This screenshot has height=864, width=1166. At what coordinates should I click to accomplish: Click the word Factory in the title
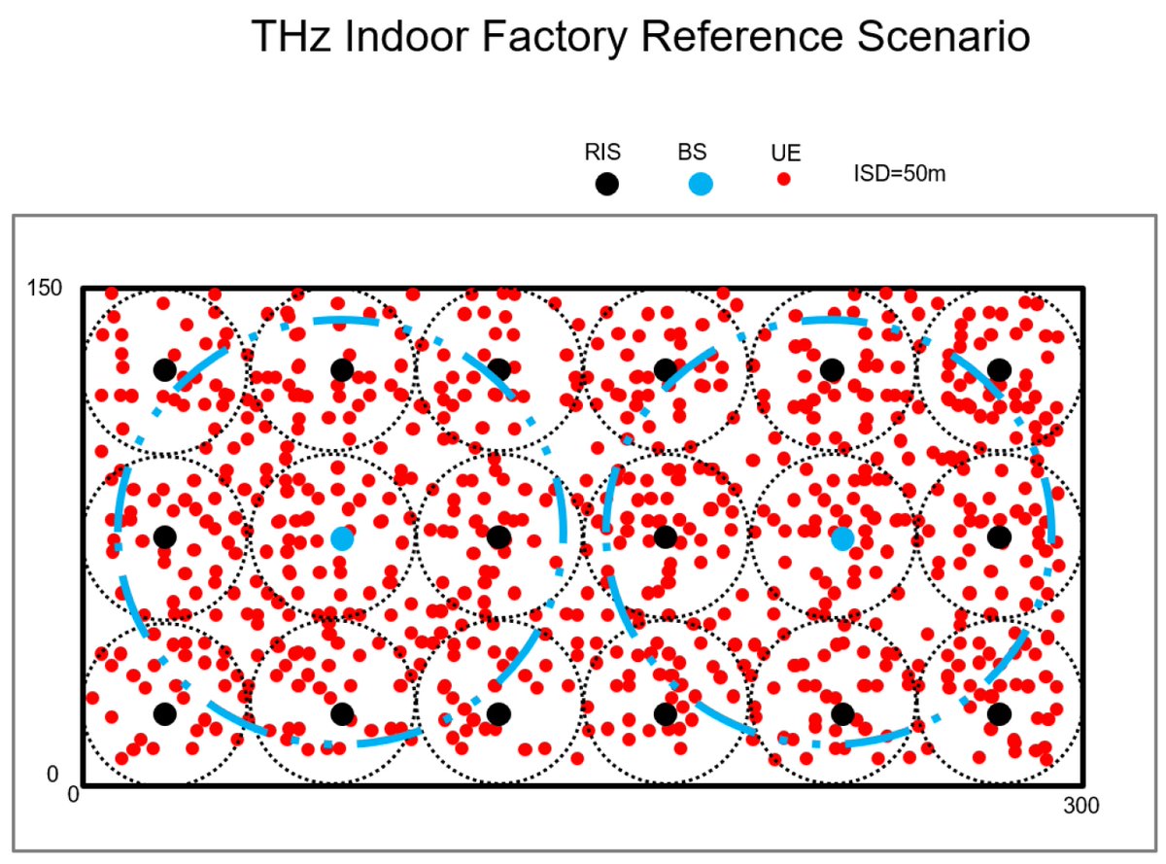[x=535, y=37]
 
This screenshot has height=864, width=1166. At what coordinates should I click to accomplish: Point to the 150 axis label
[x=45, y=289]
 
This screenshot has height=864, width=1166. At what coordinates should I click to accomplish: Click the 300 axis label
[x=1081, y=806]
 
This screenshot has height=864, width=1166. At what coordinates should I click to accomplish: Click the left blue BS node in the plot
[x=341, y=538]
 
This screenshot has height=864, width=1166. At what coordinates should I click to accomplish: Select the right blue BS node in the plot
[x=842, y=538]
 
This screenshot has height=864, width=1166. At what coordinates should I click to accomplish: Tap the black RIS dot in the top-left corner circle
[x=164, y=369]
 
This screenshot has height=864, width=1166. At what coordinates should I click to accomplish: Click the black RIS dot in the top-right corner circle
[x=999, y=369]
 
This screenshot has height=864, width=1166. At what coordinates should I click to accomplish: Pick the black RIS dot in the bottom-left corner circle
[x=164, y=714]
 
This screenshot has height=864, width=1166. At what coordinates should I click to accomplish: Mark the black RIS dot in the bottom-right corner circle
[x=999, y=714]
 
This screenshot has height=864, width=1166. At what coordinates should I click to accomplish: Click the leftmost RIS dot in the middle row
[x=164, y=536]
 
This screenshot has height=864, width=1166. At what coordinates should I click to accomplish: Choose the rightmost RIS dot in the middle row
[x=999, y=536]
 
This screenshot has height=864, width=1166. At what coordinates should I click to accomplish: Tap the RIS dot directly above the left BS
[x=341, y=369]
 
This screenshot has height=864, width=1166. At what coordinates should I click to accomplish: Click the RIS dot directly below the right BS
[x=842, y=714]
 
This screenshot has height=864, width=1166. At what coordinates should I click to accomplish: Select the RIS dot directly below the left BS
[x=341, y=714]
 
